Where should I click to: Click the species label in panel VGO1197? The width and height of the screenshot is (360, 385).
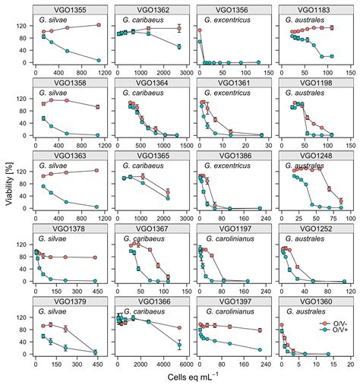[224, 243]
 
